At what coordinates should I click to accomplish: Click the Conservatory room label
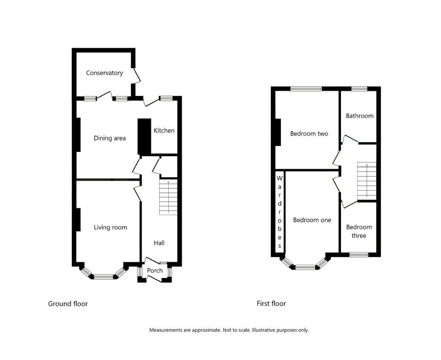pyautogui.click(x=104, y=73)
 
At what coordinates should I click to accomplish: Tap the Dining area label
pyautogui.click(x=109, y=138)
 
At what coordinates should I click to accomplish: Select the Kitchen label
pyautogui.click(x=164, y=131)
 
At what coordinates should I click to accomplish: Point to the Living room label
pyautogui.click(x=110, y=227)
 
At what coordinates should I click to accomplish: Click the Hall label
pyautogui.click(x=159, y=243)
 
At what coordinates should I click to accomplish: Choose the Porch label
pyautogui.click(x=155, y=270)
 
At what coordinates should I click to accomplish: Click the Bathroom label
pyautogui.click(x=359, y=116)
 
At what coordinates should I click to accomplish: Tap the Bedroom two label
pyautogui.click(x=309, y=133)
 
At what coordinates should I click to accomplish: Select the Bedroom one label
pyautogui.click(x=312, y=220)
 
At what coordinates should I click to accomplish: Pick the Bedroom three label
pyautogui.click(x=359, y=231)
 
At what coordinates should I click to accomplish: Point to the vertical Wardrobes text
pyautogui.click(x=280, y=212)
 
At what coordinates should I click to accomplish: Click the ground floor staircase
pyautogui.click(x=168, y=198)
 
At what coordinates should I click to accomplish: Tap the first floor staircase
pyautogui.click(x=366, y=181)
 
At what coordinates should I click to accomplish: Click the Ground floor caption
pyautogui.click(x=68, y=304)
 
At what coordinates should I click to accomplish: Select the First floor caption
pyautogui.click(x=271, y=304)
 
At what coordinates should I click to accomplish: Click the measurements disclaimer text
pyautogui.click(x=229, y=330)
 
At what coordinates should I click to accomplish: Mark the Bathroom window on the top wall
pyautogui.click(x=359, y=89)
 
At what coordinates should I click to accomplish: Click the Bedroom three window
pyautogui.click(x=359, y=255)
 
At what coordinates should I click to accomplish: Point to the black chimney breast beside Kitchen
pyautogui.click(x=144, y=137)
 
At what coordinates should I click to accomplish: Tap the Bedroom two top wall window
pyautogui.click(x=306, y=89)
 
